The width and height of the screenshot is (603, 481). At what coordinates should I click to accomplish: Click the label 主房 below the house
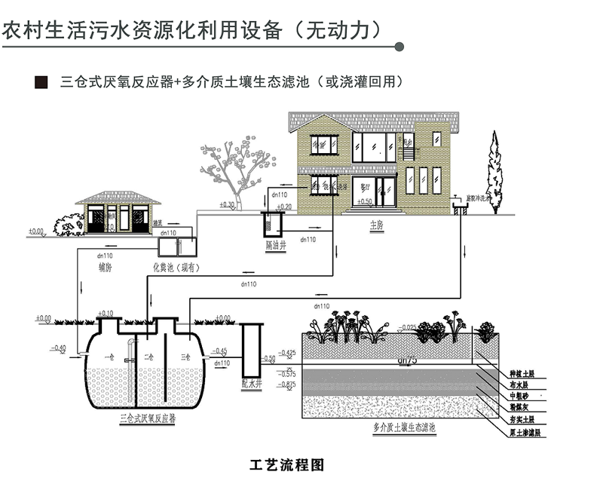(377, 225)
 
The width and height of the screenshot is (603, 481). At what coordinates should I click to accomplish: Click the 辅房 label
(106, 267)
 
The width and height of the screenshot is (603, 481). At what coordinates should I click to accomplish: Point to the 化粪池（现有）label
(175, 267)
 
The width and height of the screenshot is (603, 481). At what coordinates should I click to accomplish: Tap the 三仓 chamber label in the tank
(185, 355)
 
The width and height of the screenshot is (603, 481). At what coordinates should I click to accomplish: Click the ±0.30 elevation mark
(226, 205)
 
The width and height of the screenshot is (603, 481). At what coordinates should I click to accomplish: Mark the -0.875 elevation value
(286, 384)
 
